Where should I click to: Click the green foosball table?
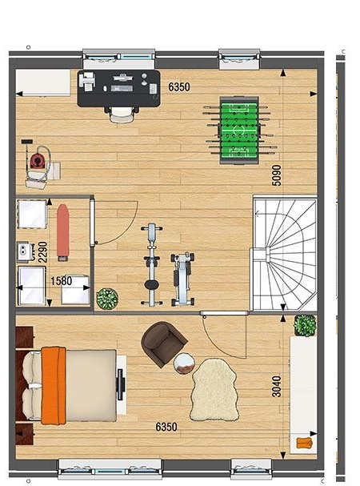coord(238,131)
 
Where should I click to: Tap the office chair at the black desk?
coord(122,114)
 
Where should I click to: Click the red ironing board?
coord(62,232)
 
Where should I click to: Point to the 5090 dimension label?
coord(277,175)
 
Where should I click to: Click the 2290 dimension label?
coord(42,252)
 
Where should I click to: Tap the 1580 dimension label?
coord(62,281)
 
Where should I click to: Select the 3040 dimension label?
coord(276,387)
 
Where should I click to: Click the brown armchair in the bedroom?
coord(163,343)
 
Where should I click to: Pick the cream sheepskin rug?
coord(214,390)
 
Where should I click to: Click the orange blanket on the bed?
coord(54,386)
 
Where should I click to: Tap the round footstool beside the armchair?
coord(184,363)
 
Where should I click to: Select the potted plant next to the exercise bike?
coord(107,299)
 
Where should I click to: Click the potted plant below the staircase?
coord(305,325)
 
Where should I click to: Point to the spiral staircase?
coord(285,255)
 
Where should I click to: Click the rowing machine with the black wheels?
coord(182,279)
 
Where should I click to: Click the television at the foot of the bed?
coord(120,384)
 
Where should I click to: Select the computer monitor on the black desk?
coord(123,77)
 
